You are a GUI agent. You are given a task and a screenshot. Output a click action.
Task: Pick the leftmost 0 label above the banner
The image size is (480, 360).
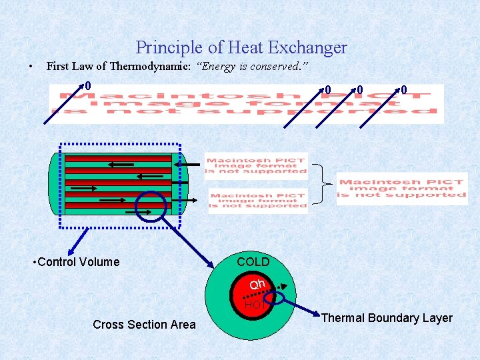tap(87, 86)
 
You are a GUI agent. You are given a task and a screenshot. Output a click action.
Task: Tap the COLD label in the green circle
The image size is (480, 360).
tap(253, 262)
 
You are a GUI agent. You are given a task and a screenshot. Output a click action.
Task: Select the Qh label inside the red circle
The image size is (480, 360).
tap(257, 285)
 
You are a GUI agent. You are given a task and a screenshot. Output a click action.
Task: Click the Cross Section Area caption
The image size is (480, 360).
tap(144, 325)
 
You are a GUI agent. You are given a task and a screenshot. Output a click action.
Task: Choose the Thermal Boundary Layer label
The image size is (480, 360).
tap(387, 318)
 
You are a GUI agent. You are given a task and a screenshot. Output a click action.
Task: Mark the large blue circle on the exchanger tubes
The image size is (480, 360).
tap(150, 206)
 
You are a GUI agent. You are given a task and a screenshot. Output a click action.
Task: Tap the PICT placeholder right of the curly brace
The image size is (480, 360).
tap(402, 189)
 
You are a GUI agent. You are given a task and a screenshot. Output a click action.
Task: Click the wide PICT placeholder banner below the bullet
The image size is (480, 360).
tap(247, 104)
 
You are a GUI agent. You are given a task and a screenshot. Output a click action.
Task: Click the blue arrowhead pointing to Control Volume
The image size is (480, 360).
tap(62, 225)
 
